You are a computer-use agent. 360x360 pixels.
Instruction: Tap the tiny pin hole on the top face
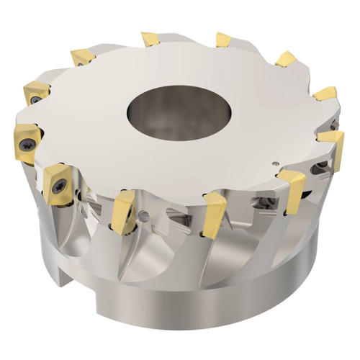[279, 163]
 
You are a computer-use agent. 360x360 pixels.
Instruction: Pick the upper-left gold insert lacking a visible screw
[82, 56]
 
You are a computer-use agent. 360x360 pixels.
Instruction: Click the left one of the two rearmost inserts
[150, 38]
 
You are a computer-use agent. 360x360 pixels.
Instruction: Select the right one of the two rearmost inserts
[223, 40]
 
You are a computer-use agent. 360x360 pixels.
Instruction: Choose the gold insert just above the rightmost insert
[325, 94]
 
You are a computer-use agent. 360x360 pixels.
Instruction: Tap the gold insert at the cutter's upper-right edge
[286, 58]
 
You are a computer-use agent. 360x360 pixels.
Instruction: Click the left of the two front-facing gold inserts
[124, 211]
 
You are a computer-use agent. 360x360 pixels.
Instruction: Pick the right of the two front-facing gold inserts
[214, 214]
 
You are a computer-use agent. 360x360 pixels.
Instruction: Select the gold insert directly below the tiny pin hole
[293, 189]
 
